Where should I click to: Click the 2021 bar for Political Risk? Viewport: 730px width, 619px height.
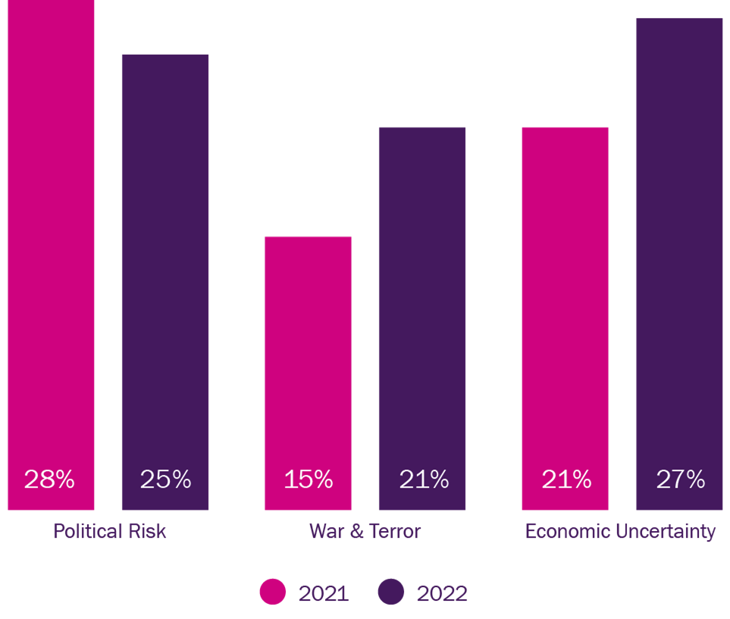tap(51, 228)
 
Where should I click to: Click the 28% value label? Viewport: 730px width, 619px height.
tap(49, 479)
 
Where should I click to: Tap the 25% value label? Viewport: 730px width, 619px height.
tap(165, 479)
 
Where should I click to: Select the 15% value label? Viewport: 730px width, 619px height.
tap(309, 479)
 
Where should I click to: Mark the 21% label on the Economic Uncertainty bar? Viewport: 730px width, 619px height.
tap(566, 479)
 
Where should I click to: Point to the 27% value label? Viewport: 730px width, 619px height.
tap(680, 479)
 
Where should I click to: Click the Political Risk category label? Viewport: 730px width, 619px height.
tap(109, 531)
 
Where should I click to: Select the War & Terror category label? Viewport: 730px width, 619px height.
tap(365, 531)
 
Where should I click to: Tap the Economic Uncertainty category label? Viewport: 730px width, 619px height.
tap(620, 531)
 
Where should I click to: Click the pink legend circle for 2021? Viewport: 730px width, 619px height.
tap(273, 592)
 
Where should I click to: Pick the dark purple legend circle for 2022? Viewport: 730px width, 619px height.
tap(390, 592)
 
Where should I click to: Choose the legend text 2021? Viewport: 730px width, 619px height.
tap(324, 593)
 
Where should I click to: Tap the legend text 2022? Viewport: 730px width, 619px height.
tap(442, 593)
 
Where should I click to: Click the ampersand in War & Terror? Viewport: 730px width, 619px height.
tap(356, 531)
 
